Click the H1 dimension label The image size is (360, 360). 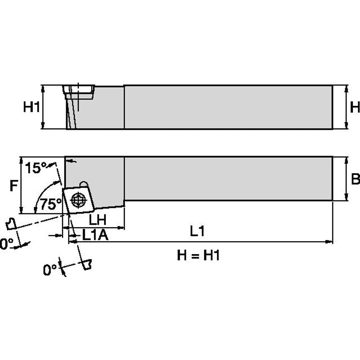tap(31, 107)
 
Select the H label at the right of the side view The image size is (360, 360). tap(355, 107)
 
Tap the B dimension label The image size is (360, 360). tap(355, 179)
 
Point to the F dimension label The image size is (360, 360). tap(13, 185)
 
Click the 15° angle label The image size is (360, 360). tap(35, 168)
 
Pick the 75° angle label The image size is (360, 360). tap(50, 205)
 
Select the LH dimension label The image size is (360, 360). tap(97, 219)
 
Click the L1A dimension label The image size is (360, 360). tap(95, 235)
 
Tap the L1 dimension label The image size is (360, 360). tap(197, 231)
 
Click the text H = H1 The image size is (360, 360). tap(198, 255)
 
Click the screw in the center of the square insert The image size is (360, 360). tap(79, 199)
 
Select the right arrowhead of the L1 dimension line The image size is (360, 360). tap(330, 242)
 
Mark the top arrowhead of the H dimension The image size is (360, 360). tap(346, 88)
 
